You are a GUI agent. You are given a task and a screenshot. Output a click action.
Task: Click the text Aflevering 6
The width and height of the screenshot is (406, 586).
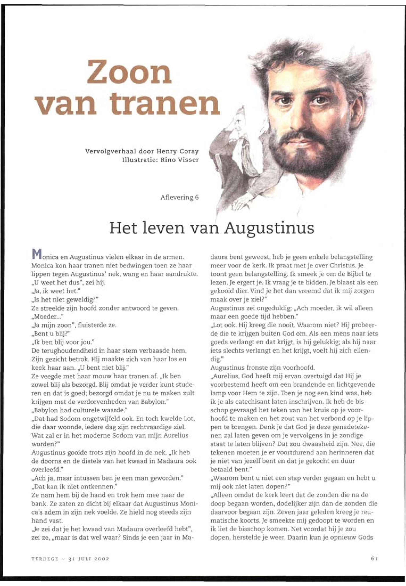[x=179, y=198]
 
